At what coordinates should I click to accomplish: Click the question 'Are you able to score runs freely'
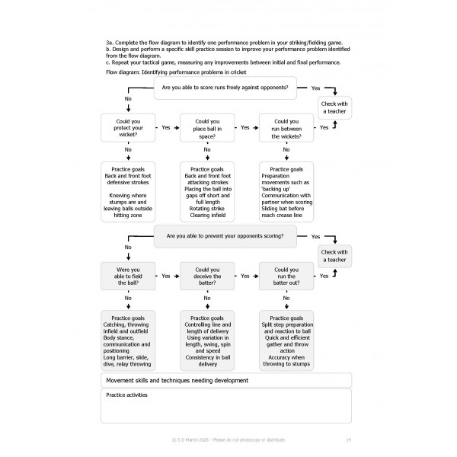tap(225, 88)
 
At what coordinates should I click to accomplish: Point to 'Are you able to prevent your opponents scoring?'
tap(225, 237)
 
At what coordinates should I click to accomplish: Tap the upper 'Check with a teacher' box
tap(334, 107)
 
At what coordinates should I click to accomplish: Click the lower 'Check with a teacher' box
tap(334, 257)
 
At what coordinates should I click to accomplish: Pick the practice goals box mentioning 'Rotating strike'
tap(207, 193)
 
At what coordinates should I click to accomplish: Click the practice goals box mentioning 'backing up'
tap(286, 193)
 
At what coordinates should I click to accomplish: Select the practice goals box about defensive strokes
tap(128, 193)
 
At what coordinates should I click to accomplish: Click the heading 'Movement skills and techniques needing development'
tap(177, 380)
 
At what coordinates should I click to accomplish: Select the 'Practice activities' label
tap(126, 395)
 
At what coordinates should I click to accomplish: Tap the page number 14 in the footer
tap(347, 440)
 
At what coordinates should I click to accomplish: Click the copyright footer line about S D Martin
tap(228, 440)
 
